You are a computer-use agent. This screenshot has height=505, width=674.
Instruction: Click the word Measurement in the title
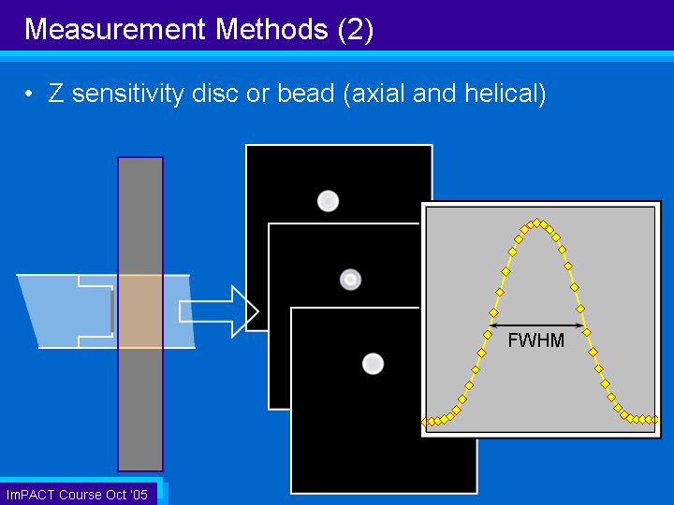pyautogui.click(x=115, y=29)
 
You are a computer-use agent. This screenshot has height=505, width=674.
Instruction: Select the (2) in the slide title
pyautogui.click(x=356, y=30)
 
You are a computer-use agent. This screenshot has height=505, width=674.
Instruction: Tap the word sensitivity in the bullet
pyautogui.click(x=128, y=94)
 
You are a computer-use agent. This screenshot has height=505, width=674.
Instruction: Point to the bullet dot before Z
pyautogui.click(x=28, y=94)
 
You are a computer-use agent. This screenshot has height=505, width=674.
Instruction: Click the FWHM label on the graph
pyautogui.click(x=536, y=340)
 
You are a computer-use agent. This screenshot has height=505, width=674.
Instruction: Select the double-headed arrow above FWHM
pyautogui.click(x=536, y=325)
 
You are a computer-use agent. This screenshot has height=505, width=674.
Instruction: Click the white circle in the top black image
pyautogui.click(x=328, y=201)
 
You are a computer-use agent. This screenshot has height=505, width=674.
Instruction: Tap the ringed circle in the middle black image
pyautogui.click(x=350, y=280)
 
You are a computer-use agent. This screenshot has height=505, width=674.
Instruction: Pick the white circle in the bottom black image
pyautogui.click(x=373, y=364)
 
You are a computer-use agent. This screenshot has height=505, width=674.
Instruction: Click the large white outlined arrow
pyautogui.click(x=219, y=311)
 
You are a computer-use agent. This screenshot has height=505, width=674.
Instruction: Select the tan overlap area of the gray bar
pyautogui.click(x=140, y=311)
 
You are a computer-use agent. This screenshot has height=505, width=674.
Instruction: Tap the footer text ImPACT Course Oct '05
pyautogui.click(x=77, y=495)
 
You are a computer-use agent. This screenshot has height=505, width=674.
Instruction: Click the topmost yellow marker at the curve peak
pyautogui.click(x=536, y=223)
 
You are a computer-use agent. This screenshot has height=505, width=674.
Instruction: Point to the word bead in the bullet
pyautogui.click(x=306, y=94)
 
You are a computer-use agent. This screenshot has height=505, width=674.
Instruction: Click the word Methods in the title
pyautogui.click(x=271, y=29)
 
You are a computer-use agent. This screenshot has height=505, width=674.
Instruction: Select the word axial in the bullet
pyautogui.click(x=378, y=94)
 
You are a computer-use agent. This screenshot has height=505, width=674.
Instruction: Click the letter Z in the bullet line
pyautogui.click(x=56, y=94)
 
